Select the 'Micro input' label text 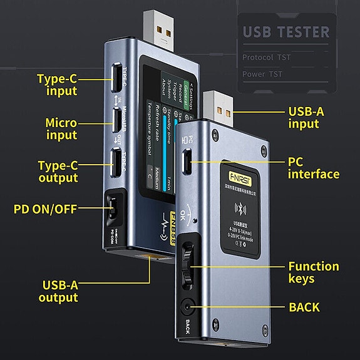click(61, 128)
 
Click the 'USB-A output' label click(58, 291)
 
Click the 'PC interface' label click(313, 167)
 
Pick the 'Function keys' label click(313, 272)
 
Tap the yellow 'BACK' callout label click(304, 307)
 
